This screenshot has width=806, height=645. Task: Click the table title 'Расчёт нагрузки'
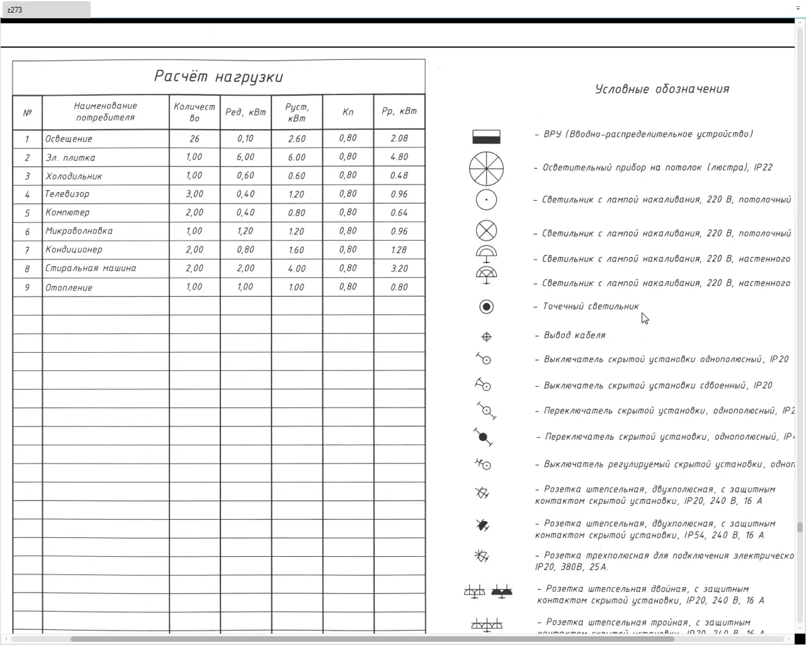click(219, 77)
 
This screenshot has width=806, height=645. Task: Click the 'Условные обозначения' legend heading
click(662, 89)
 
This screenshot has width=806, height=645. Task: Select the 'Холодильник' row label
click(74, 176)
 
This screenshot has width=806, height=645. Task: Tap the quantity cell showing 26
click(194, 139)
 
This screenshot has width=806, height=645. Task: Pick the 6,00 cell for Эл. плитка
click(246, 157)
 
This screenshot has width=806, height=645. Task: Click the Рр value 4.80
click(399, 157)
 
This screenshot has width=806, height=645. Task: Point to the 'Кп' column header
click(348, 111)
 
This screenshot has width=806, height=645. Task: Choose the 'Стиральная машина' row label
click(91, 268)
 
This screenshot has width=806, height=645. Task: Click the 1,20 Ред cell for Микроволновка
click(246, 231)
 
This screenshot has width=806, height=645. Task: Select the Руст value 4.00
click(297, 268)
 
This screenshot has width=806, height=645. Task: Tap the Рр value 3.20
click(399, 268)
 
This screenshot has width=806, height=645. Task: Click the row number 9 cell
click(27, 287)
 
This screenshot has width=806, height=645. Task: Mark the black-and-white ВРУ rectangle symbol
click(486, 137)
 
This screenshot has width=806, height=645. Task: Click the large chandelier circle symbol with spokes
click(486, 168)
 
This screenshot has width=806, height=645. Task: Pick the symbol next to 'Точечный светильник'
click(486, 307)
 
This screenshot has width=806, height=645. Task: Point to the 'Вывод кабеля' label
click(574, 335)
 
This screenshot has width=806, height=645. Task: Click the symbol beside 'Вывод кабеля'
click(486, 337)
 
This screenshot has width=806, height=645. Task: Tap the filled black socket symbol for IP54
click(482, 525)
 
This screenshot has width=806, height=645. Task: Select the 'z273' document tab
click(45, 10)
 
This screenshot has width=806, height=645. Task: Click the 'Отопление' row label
click(69, 287)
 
